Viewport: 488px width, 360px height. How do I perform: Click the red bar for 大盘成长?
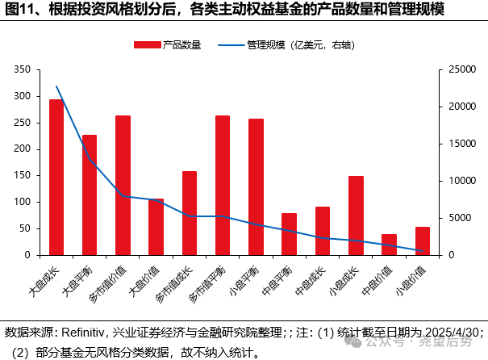[x=56, y=178]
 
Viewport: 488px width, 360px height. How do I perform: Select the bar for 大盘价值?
[x=156, y=227]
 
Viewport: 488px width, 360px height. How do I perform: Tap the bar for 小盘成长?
[x=356, y=216]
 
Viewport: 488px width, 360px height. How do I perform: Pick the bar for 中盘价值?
[x=389, y=245]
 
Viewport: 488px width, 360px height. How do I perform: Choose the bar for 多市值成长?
[x=190, y=213]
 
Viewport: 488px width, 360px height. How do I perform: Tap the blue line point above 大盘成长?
[x=56, y=86]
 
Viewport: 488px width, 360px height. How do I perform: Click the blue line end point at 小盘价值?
[x=422, y=251]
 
